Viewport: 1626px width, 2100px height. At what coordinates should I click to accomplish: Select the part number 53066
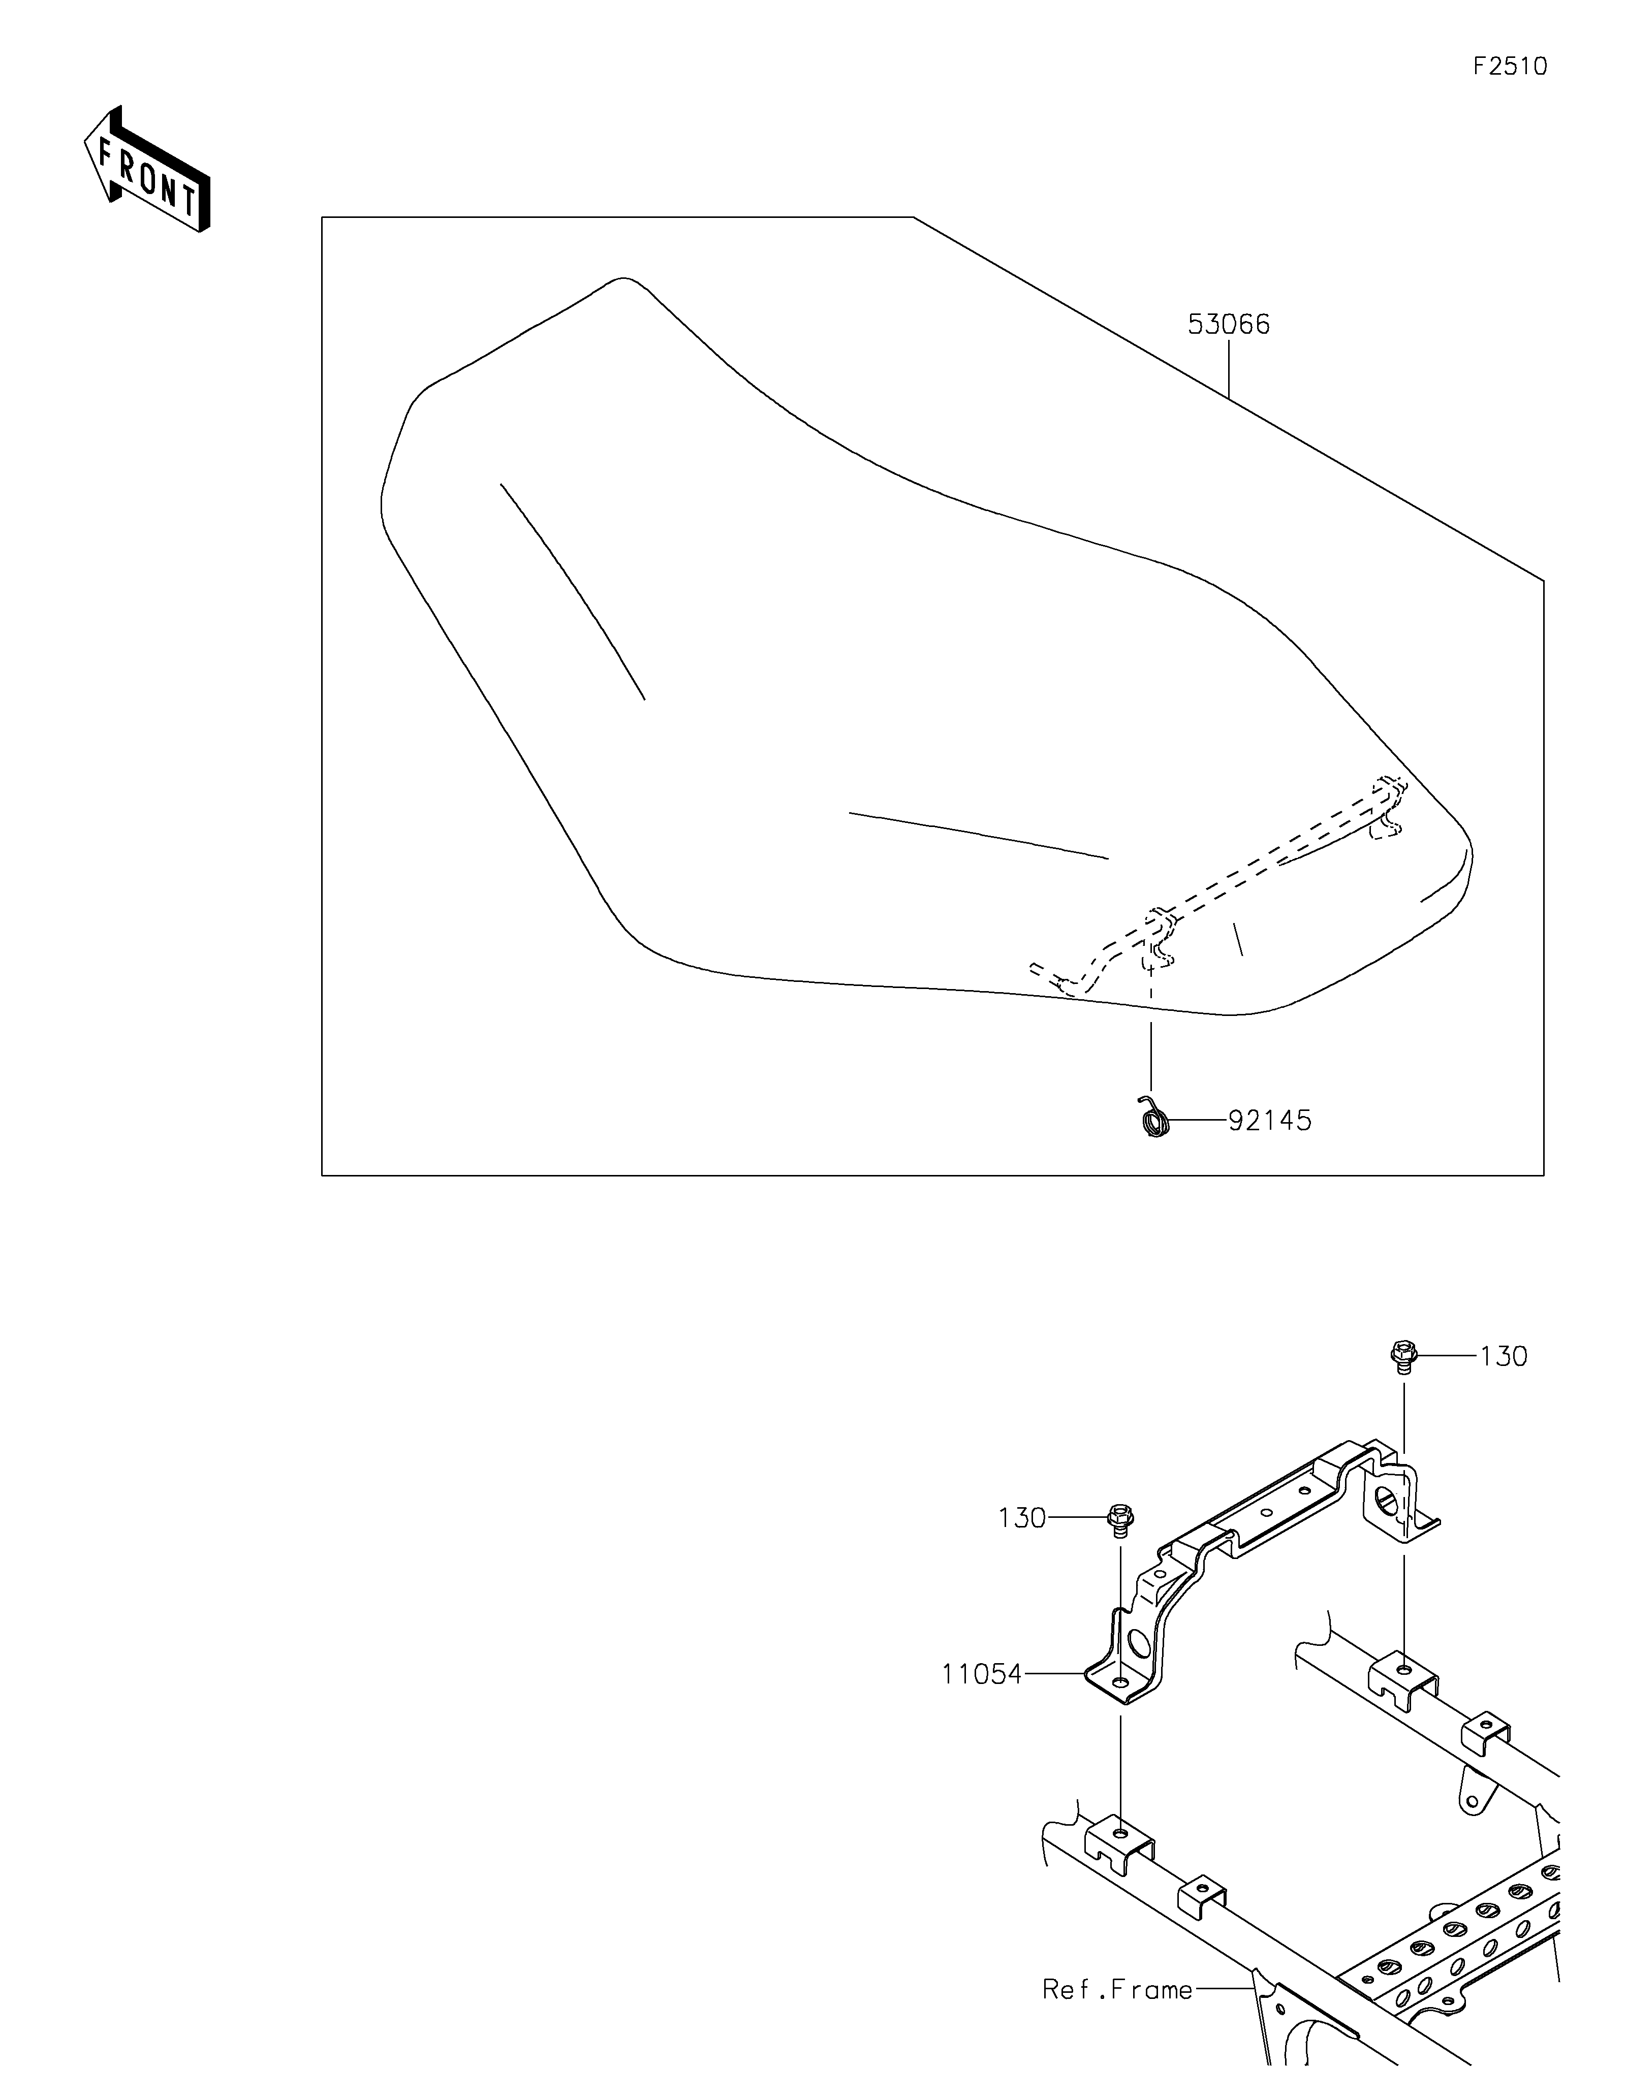1228,325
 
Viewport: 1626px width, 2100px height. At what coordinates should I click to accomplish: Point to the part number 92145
1269,1120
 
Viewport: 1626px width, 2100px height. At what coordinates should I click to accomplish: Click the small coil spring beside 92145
1153,1118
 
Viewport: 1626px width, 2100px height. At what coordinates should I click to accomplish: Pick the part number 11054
981,1674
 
